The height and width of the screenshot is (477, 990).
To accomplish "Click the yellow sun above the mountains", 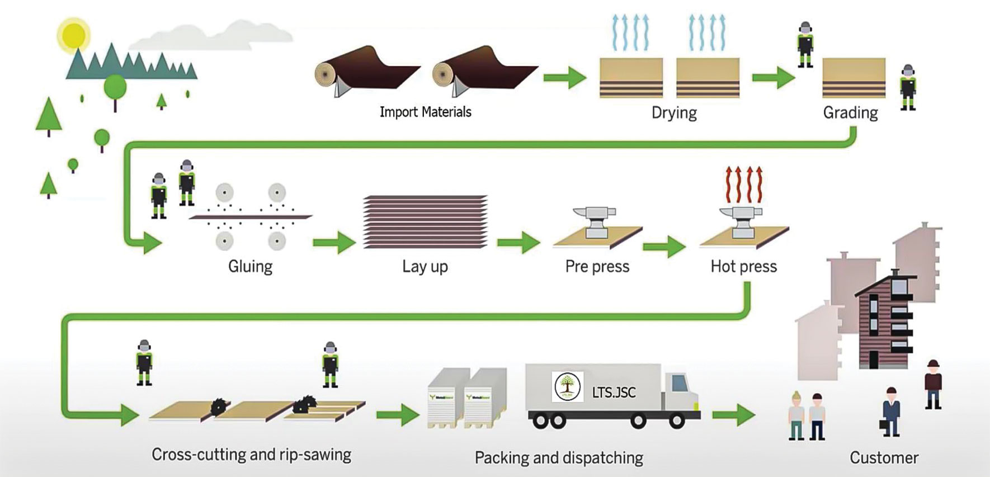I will (73, 35).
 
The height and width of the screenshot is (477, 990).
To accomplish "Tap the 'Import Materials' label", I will (425, 112).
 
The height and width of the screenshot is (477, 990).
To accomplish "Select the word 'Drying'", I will (674, 113).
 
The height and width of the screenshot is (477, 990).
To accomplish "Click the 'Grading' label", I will (850, 113).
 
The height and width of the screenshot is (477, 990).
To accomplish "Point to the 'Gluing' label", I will (250, 266).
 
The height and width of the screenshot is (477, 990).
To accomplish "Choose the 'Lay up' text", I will (425, 266).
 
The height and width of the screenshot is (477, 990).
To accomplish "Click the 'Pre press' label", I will (597, 266).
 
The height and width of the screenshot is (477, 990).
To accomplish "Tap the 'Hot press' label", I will (743, 266).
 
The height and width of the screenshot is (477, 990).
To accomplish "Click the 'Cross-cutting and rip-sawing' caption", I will (251, 454).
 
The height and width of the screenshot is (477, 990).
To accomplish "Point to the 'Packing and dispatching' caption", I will (559, 457).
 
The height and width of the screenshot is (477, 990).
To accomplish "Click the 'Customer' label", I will (884, 457).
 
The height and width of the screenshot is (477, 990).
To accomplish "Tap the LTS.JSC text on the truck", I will (614, 393).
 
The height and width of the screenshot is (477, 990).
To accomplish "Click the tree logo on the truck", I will (567, 386).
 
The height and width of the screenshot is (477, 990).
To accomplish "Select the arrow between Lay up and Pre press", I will (518, 243).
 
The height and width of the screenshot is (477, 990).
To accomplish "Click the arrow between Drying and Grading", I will (773, 77).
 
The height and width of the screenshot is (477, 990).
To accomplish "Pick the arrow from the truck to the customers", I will (733, 415).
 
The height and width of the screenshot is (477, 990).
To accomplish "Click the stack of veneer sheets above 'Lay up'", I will (425, 221).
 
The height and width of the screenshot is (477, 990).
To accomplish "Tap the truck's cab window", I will (678, 383).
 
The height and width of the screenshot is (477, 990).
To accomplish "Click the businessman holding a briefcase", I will (890, 411).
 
